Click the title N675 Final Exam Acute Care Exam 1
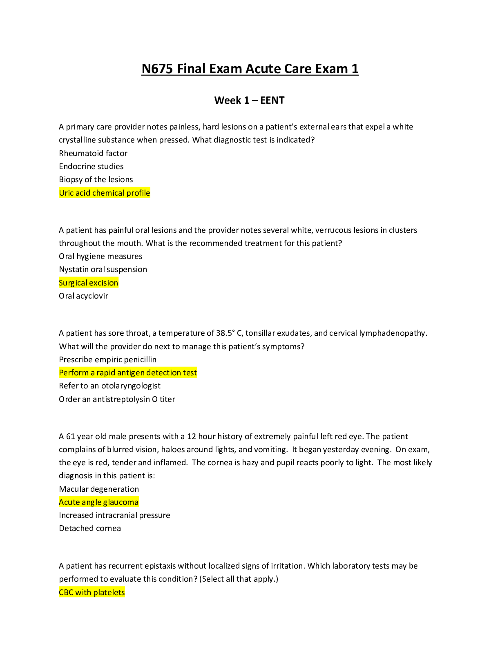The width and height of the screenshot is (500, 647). tap(250, 69)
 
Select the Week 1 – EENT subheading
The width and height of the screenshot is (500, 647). tap(249, 100)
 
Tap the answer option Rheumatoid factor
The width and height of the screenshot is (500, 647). tap(93, 153)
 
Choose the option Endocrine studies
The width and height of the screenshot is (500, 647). tap(91, 166)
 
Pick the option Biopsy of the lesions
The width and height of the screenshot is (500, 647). tap(96, 180)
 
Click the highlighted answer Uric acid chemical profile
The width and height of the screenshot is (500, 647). tap(105, 193)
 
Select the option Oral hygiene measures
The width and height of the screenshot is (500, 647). tap(100, 257)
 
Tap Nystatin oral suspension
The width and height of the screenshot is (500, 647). tap(103, 270)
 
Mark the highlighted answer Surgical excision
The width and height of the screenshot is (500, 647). tap(89, 283)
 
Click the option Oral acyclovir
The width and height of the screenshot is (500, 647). tap(83, 296)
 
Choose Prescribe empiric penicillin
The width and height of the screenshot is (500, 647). tap(107, 360)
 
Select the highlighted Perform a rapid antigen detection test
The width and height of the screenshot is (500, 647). tap(128, 373)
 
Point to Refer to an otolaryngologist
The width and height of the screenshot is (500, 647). tap(109, 386)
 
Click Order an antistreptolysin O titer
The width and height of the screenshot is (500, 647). tap(117, 399)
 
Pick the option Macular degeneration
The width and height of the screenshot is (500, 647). tap(99, 489)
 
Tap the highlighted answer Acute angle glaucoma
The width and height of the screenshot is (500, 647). tap(98, 502)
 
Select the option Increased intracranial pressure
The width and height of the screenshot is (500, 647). tap(114, 515)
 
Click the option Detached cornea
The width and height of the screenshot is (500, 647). tap(90, 529)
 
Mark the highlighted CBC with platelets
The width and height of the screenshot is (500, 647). tap(92, 593)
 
